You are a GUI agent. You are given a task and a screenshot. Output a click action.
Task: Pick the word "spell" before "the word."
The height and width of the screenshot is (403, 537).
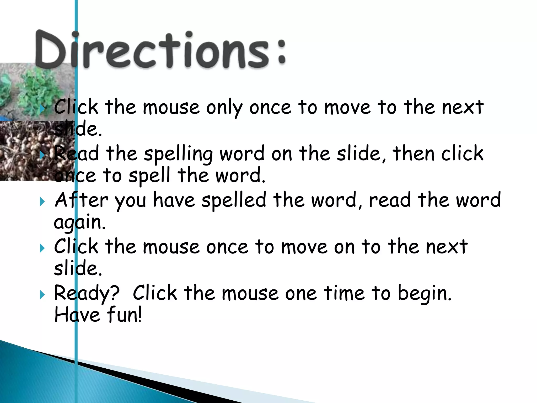pos(149,175)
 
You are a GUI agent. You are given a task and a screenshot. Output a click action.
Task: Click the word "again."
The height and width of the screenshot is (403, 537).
pos(80,222)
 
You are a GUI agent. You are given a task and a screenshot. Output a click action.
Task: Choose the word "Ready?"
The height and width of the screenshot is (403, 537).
pos(87,293)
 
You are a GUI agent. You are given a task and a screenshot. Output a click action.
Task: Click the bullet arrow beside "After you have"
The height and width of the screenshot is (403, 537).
pos(42,202)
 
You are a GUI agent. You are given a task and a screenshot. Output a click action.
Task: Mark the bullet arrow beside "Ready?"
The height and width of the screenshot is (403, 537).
pos(42,295)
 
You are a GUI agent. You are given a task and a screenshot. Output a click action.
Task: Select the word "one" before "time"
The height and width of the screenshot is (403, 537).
pos(301,293)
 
